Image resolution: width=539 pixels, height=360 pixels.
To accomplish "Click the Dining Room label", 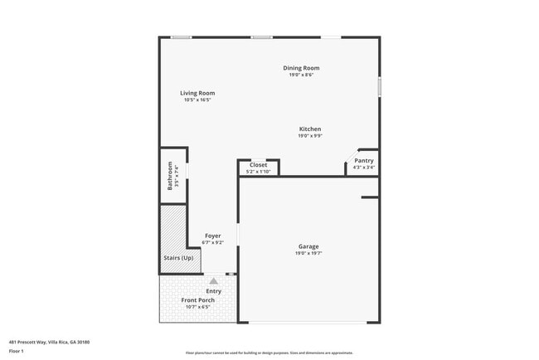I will point(301,68).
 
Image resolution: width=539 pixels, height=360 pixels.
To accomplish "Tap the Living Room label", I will point(197,93).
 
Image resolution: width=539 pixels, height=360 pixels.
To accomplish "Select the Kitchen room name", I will point(310,129).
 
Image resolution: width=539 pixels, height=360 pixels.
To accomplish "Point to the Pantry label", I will point(363,160).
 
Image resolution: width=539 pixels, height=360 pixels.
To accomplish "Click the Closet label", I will point(259,165).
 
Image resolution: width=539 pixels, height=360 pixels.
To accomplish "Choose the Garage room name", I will point(308,246).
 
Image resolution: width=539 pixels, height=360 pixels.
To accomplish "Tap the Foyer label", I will point(213,236).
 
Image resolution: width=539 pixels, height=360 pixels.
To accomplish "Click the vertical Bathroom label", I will point(170,176).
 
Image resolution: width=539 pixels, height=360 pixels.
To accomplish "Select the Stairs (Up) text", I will point(177,258).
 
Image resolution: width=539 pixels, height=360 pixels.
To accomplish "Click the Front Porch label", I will point(197,299).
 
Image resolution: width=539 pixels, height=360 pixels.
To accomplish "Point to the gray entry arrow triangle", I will point(213,281).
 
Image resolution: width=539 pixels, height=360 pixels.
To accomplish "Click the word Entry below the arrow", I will point(213,291).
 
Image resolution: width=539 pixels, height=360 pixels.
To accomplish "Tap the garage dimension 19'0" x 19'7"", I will point(308,253).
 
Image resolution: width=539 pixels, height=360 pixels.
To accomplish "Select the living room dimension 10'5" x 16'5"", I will point(197,100).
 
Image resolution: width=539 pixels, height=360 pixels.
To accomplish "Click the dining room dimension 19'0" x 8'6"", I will point(301,75).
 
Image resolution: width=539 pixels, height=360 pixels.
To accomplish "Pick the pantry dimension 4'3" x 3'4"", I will point(363,168).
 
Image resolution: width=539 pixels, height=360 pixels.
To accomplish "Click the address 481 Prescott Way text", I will point(49,341).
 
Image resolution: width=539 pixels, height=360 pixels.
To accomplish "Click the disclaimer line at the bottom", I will point(269,353).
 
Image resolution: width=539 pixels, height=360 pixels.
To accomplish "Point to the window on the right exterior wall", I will point(379,87).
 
